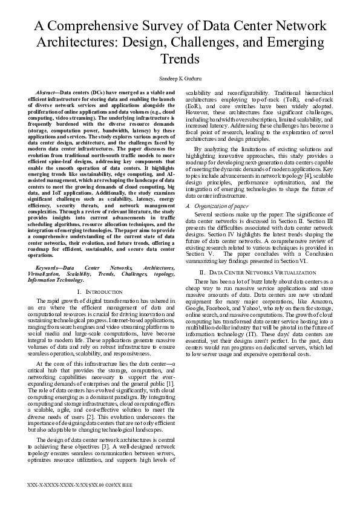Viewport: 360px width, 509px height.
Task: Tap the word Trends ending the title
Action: click(x=180, y=59)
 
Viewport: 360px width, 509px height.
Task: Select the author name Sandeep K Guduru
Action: click(x=180, y=78)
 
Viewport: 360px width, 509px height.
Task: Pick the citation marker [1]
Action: click(x=171, y=384)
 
